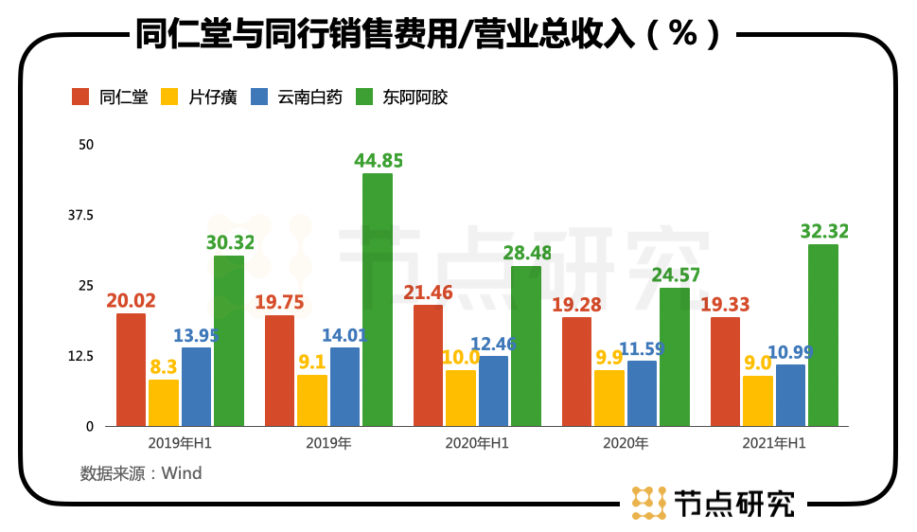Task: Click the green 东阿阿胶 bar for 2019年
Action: point(378,299)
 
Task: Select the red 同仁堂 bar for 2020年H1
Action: point(428,365)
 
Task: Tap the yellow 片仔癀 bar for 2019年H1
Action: point(164,402)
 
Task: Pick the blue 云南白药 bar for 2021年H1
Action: point(790,396)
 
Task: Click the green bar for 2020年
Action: point(675,357)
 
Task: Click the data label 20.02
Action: point(131,300)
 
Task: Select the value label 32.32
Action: point(824,231)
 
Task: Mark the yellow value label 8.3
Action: point(161,365)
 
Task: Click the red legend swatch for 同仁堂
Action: point(81,97)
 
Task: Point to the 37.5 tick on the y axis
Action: point(80,216)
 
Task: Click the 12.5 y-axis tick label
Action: point(80,357)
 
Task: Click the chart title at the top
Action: point(431,34)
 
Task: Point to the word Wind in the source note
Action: point(182,472)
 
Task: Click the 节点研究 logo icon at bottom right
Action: point(647,503)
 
